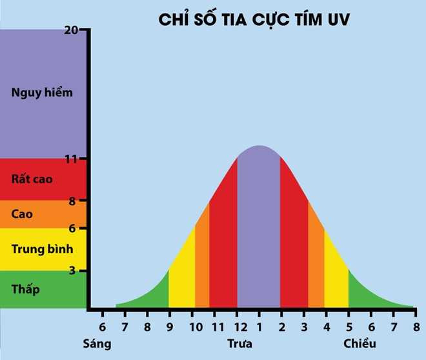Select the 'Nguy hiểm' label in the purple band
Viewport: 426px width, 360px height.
click(42, 92)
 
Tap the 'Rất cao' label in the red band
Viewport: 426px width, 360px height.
click(33, 179)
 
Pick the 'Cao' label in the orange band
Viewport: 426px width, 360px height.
click(22, 214)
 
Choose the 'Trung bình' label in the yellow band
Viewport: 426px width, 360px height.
click(42, 249)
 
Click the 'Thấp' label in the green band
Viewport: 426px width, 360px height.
click(26, 288)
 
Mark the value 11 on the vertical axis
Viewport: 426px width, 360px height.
click(80, 159)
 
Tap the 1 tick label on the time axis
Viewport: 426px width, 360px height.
click(259, 326)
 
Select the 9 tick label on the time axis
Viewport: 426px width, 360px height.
click(169, 326)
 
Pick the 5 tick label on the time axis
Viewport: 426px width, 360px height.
click(349, 326)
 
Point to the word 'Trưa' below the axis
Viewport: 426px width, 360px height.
click(239, 343)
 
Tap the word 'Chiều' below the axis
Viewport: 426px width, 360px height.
click(360, 343)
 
